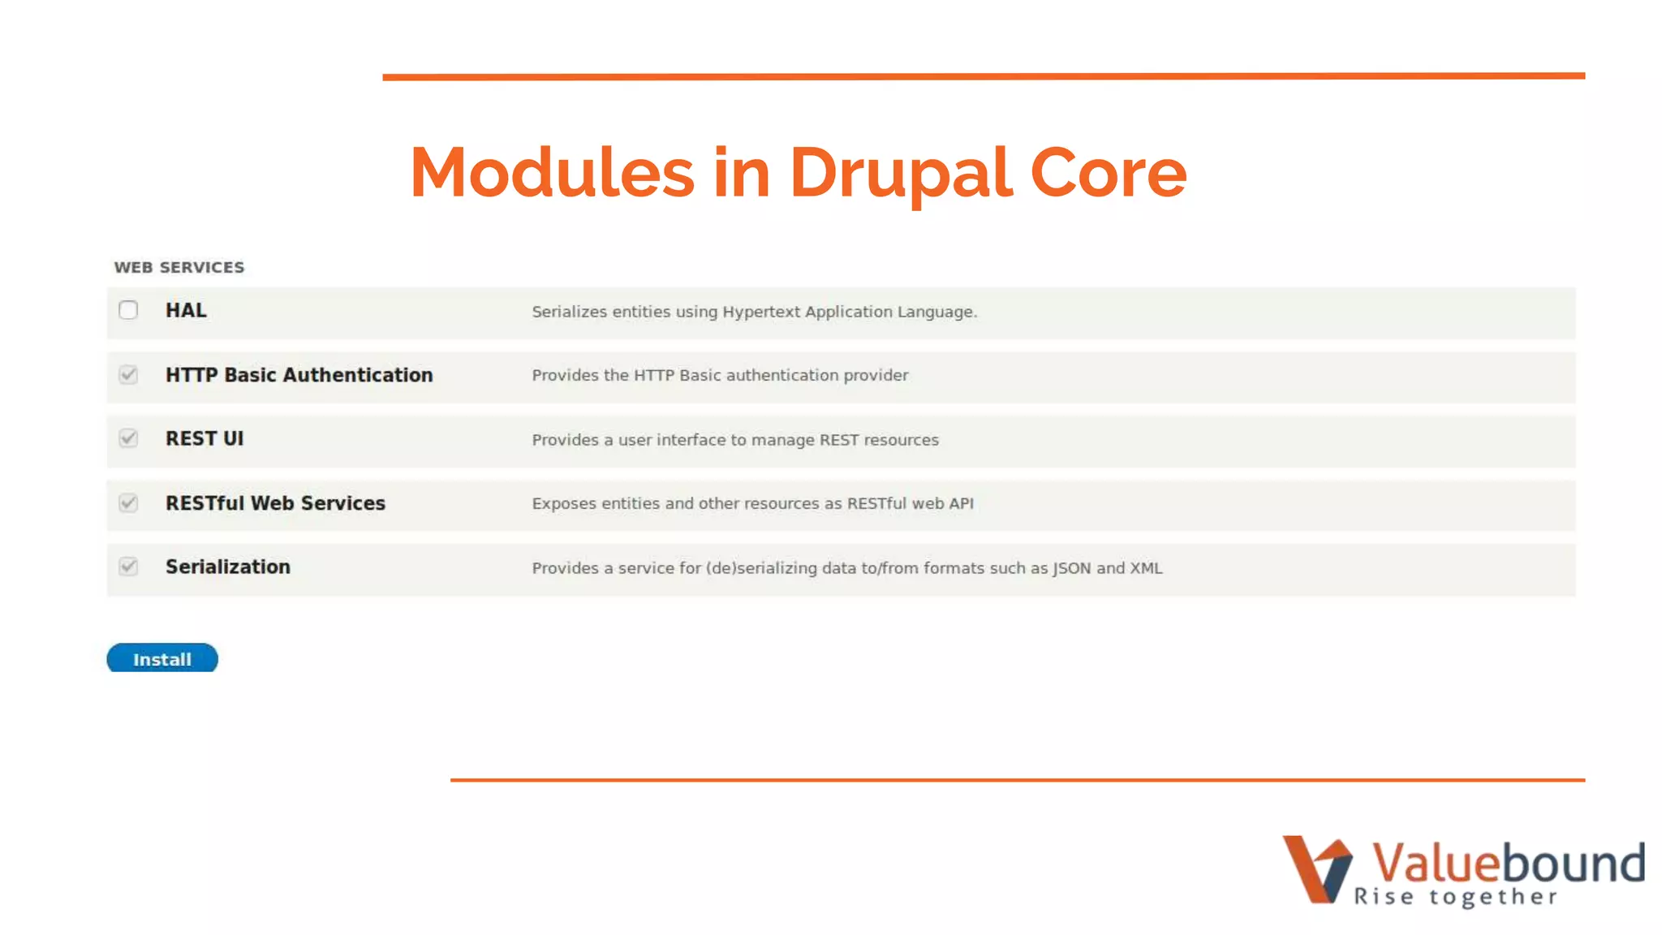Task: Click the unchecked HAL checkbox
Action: point(128,310)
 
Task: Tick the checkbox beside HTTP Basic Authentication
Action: point(128,375)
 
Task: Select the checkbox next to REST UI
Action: point(128,438)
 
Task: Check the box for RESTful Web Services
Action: point(128,503)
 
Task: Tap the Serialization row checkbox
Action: point(128,567)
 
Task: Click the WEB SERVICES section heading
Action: point(179,268)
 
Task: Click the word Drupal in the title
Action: point(900,173)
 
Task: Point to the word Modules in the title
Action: point(552,173)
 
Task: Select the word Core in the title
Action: point(1108,173)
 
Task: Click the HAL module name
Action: point(186,311)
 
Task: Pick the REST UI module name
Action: point(205,439)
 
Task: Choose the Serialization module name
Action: point(228,567)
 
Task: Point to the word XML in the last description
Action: point(1146,568)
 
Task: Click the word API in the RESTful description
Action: point(961,504)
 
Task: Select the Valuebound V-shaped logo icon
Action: point(1316,869)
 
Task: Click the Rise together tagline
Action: point(1456,897)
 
